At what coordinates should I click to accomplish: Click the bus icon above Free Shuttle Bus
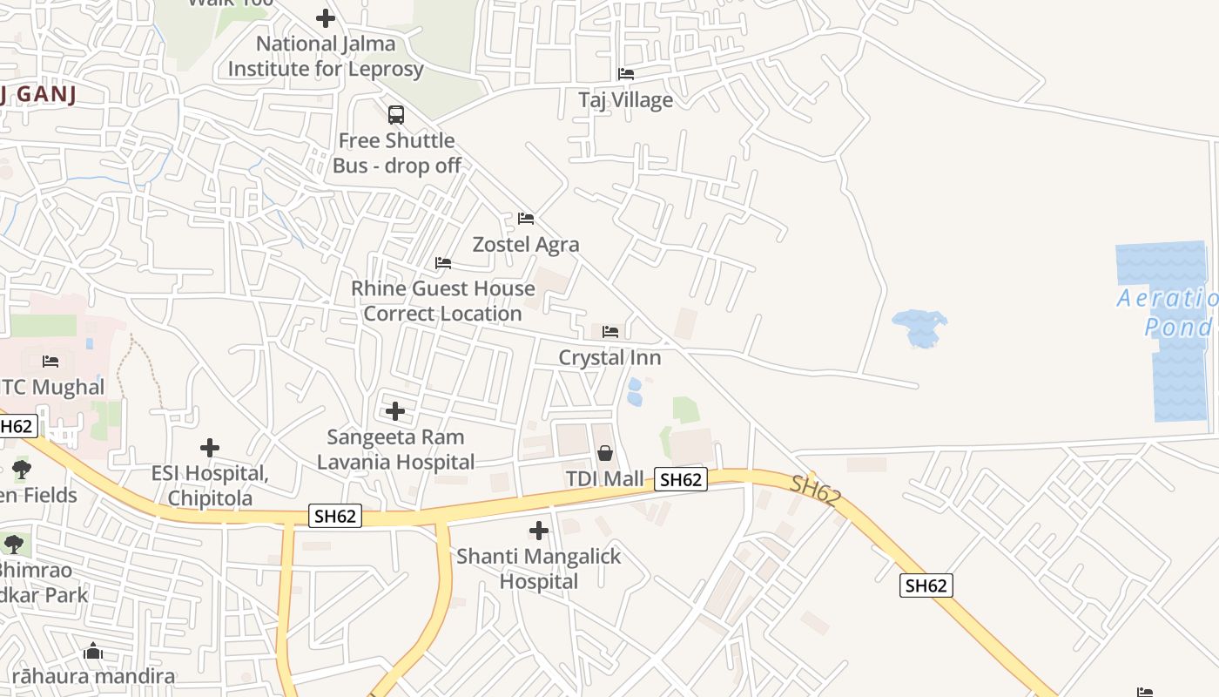coord(396,114)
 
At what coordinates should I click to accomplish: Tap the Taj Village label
coord(625,100)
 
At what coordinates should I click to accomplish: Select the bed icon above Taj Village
coord(626,74)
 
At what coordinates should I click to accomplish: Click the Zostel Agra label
coord(526,245)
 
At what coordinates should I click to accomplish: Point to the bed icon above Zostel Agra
coord(526,219)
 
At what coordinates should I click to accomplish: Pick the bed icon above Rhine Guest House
coord(443,263)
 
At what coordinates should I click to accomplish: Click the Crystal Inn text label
coord(609,358)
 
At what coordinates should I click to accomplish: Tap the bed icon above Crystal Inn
coord(610,332)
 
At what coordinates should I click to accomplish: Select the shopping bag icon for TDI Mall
coord(605,453)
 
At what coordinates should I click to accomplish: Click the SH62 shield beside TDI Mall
coord(681,479)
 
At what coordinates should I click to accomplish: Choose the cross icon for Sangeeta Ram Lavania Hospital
coord(395,410)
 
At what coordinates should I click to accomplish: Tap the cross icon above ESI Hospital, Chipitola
coord(210,448)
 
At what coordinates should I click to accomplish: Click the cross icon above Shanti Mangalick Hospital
coord(539,530)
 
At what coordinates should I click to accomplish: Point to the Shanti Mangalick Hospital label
coord(539,568)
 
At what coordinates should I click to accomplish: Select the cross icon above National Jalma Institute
coord(326,17)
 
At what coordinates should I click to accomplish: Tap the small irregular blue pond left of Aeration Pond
coord(919,328)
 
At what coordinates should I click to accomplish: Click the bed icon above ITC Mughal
coord(51,362)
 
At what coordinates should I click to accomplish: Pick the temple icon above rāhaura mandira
coord(93,652)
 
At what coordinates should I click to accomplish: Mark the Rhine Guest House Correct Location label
coord(443,301)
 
